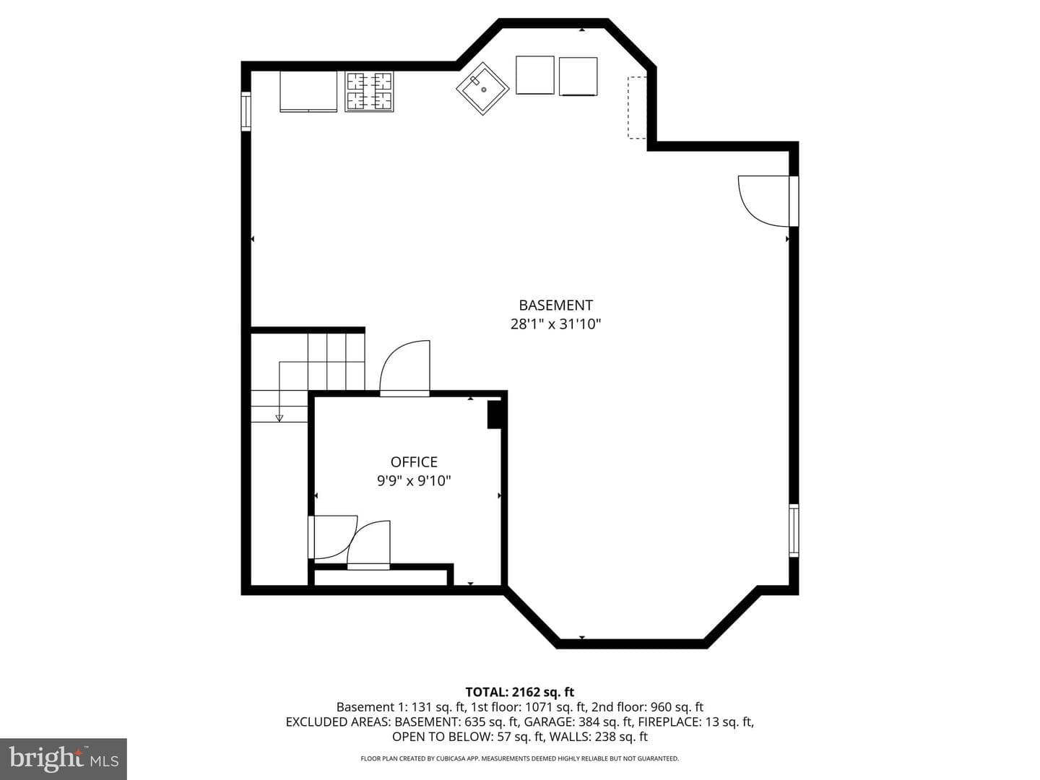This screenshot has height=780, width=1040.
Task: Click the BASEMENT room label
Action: pyautogui.click(x=555, y=305)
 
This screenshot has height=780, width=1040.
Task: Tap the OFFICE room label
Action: pyautogui.click(x=414, y=461)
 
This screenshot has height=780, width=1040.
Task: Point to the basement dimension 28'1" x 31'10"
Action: pyautogui.click(x=555, y=324)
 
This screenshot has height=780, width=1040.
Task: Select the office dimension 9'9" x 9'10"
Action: pyautogui.click(x=414, y=481)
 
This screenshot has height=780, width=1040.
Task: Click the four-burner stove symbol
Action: pyautogui.click(x=369, y=92)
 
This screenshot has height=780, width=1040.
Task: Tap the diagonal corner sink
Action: pyautogui.click(x=482, y=89)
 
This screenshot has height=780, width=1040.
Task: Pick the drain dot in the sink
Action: pyautogui.click(x=484, y=90)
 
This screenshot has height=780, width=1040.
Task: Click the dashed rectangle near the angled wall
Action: pyautogui.click(x=637, y=108)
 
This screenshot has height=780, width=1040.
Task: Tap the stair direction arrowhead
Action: pyautogui.click(x=279, y=418)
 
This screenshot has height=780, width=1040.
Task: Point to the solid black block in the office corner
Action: pyautogui.click(x=494, y=415)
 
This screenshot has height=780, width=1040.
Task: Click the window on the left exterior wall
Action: pyautogui.click(x=246, y=111)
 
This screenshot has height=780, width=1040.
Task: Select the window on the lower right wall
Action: pyautogui.click(x=794, y=530)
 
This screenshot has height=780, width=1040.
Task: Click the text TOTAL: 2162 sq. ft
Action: pyautogui.click(x=520, y=692)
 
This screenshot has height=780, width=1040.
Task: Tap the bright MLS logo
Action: pyautogui.click(x=64, y=758)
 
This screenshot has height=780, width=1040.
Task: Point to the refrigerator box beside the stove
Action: pyautogui.click(x=308, y=92)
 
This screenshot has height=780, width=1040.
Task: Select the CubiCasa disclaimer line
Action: pyautogui.click(x=520, y=758)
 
